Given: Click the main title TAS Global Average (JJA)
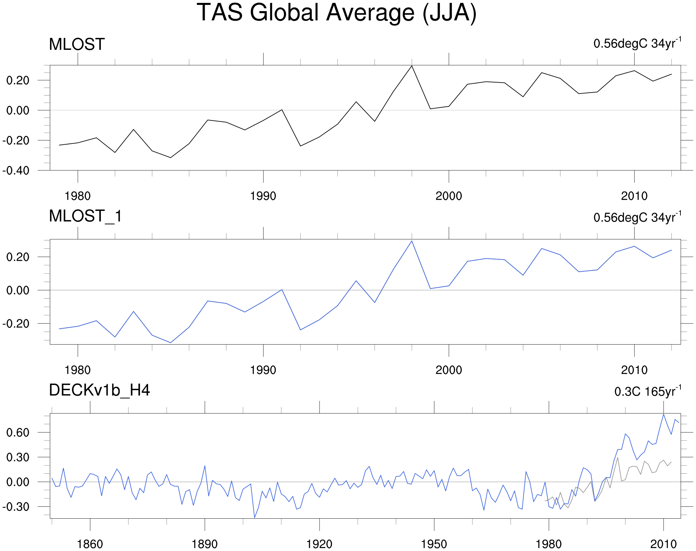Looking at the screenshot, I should [336, 13].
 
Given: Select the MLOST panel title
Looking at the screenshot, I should [77, 44].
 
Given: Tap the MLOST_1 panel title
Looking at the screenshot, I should [85, 216].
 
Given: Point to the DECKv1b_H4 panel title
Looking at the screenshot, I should [99, 390].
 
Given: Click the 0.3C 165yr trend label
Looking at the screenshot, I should [647, 391].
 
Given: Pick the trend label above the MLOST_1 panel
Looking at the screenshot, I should [637, 217].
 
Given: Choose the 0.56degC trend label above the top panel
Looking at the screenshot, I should [637, 43].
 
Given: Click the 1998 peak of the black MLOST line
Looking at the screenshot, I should [411, 66].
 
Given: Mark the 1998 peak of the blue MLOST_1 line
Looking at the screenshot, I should [411, 241].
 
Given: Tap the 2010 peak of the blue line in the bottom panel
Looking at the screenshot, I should [664, 414].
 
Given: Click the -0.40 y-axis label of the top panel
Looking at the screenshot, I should [16, 171].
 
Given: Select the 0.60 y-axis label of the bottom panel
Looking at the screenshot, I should [18, 433].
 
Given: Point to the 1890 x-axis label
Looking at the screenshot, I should [204, 544].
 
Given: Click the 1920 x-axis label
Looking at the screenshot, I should [319, 544].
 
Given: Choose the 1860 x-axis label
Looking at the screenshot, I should [90, 544].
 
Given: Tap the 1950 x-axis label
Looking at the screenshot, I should [434, 544].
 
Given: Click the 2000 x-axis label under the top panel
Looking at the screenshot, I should [449, 196].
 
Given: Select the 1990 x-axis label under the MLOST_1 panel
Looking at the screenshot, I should [263, 370].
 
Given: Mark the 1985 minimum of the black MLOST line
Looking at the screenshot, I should [170, 158].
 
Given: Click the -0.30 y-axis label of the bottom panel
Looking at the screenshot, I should [16, 507].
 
